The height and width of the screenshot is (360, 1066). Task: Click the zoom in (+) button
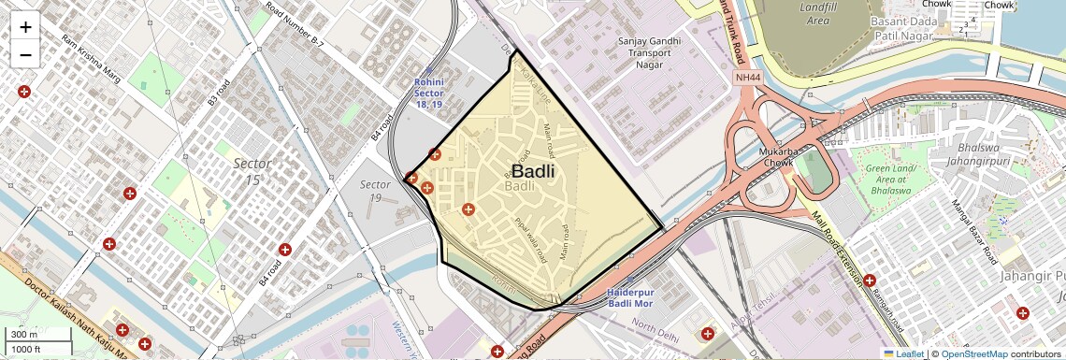pos(25,26)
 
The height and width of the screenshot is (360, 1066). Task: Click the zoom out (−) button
pos(25,54)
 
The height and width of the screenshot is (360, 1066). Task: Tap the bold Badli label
pos(533,172)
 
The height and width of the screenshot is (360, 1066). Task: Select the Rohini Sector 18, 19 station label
pos(428,93)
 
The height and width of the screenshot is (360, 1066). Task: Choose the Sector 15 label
pos(252,171)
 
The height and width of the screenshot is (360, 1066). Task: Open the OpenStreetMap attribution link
pos(973,354)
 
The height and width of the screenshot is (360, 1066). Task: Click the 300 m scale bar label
pos(24,335)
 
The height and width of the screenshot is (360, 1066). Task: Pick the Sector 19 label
pos(375,191)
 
